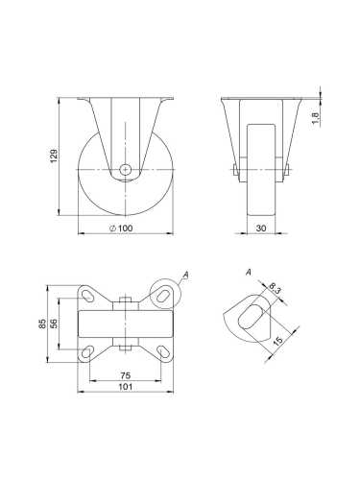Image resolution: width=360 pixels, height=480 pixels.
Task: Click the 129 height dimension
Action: tap(55, 154)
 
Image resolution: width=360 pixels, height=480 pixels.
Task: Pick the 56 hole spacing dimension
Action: tap(56, 324)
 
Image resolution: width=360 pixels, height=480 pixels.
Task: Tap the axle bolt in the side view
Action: tap(126, 170)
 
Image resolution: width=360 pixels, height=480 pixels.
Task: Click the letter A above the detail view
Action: tap(248, 274)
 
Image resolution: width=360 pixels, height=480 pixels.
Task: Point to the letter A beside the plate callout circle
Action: tap(186, 276)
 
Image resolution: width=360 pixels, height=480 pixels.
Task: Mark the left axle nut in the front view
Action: tap(235, 172)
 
